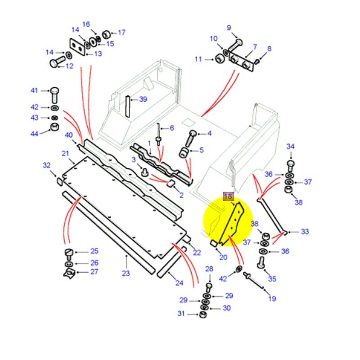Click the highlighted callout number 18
tap(228, 196)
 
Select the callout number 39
tap(143, 99)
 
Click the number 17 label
tap(121, 32)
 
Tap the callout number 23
tap(126, 273)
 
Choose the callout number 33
tap(305, 232)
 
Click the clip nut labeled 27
tap(68, 272)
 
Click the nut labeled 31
tap(203, 314)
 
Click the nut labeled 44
tap(54, 126)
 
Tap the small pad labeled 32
tap(58, 181)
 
